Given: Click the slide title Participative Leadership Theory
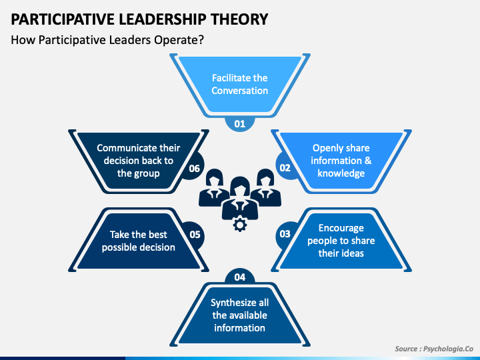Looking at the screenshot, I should [x=140, y=19].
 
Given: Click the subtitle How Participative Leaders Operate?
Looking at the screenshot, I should [x=107, y=39].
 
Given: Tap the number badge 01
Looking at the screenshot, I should [x=240, y=123].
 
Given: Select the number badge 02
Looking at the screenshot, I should [x=285, y=168].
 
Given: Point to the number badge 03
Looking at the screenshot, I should [x=285, y=234].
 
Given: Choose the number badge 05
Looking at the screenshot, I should [x=195, y=234].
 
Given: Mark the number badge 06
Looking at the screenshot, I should [x=195, y=168].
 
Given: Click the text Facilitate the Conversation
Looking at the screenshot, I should [x=240, y=85].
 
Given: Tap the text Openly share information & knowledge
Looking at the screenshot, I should [x=341, y=161].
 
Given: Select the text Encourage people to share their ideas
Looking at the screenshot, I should [x=341, y=241].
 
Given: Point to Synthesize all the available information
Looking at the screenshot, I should [x=240, y=315].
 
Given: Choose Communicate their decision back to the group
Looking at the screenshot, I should [x=139, y=161].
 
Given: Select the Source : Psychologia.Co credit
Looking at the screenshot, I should [x=433, y=349].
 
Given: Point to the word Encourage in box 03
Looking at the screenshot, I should [x=341, y=228].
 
